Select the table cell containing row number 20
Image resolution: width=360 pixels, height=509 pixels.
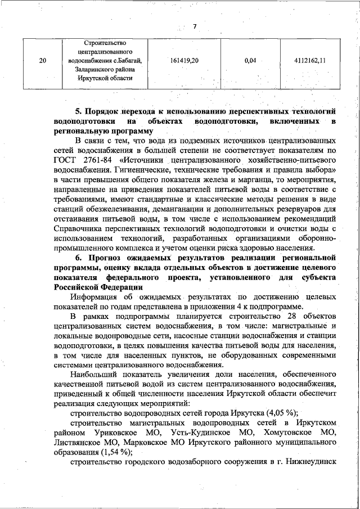[43, 61]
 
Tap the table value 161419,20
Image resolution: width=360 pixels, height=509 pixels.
[184, 61]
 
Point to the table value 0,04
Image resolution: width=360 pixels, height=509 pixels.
[251, 61]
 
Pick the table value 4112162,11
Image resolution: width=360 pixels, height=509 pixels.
[310, 61]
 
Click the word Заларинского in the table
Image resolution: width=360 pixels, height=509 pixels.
[83, 70]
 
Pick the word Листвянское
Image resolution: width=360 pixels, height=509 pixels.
[80, 442]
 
